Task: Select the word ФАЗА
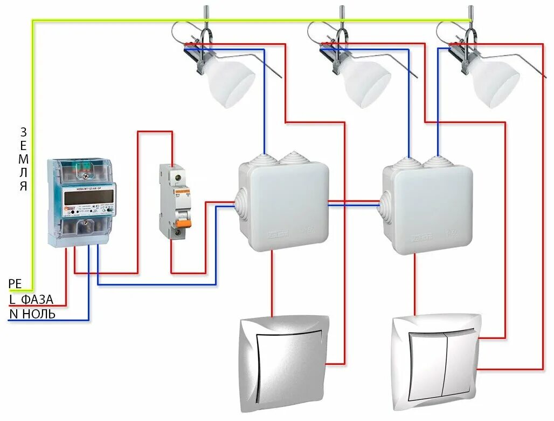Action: [x=38, y=299]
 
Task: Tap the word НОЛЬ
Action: [x=38, y=314]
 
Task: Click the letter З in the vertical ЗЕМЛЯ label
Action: [x=23, y=132]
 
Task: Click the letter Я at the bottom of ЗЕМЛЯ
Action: [x=23, y=187]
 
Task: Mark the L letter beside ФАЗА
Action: [x=12, y=299]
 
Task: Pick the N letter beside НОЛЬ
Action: [x=13, y=314]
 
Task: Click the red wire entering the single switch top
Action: [x=272, y=286]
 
